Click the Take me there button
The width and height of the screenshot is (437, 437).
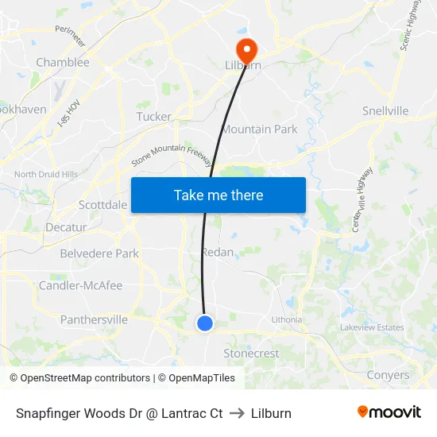[x=218, y=195]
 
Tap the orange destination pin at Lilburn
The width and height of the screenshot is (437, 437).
[x=246, y=49]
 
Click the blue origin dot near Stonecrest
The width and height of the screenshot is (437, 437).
[x=205, y=323]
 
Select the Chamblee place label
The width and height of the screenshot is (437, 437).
[x=63, y=62]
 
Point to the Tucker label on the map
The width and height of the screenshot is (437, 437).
[x=154, y=117]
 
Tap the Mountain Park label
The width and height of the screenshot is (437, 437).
[x=259, y=129]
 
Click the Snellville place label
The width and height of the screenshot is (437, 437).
[x=385, y=110]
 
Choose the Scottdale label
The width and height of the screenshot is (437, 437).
[x=103, y=205]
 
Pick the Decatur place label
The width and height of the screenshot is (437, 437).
[x=66, y=227]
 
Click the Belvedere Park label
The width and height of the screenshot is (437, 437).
[x=99, y=253]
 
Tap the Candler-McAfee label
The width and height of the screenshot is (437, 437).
[x=81, y=285]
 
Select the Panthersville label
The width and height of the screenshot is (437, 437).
[x=94, y=319]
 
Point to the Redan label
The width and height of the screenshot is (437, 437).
[x=218, y=252]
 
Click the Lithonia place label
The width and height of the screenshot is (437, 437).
[x=287, y=319]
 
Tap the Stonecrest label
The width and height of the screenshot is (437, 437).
[x=251, y=354]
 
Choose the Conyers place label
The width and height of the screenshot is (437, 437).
[x=388, y=375]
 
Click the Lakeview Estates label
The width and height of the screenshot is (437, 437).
[x=372, y=327]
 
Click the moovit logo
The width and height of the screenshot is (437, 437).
[x=389, y=412]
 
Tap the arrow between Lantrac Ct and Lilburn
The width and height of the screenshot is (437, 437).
[x=237, y=413]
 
